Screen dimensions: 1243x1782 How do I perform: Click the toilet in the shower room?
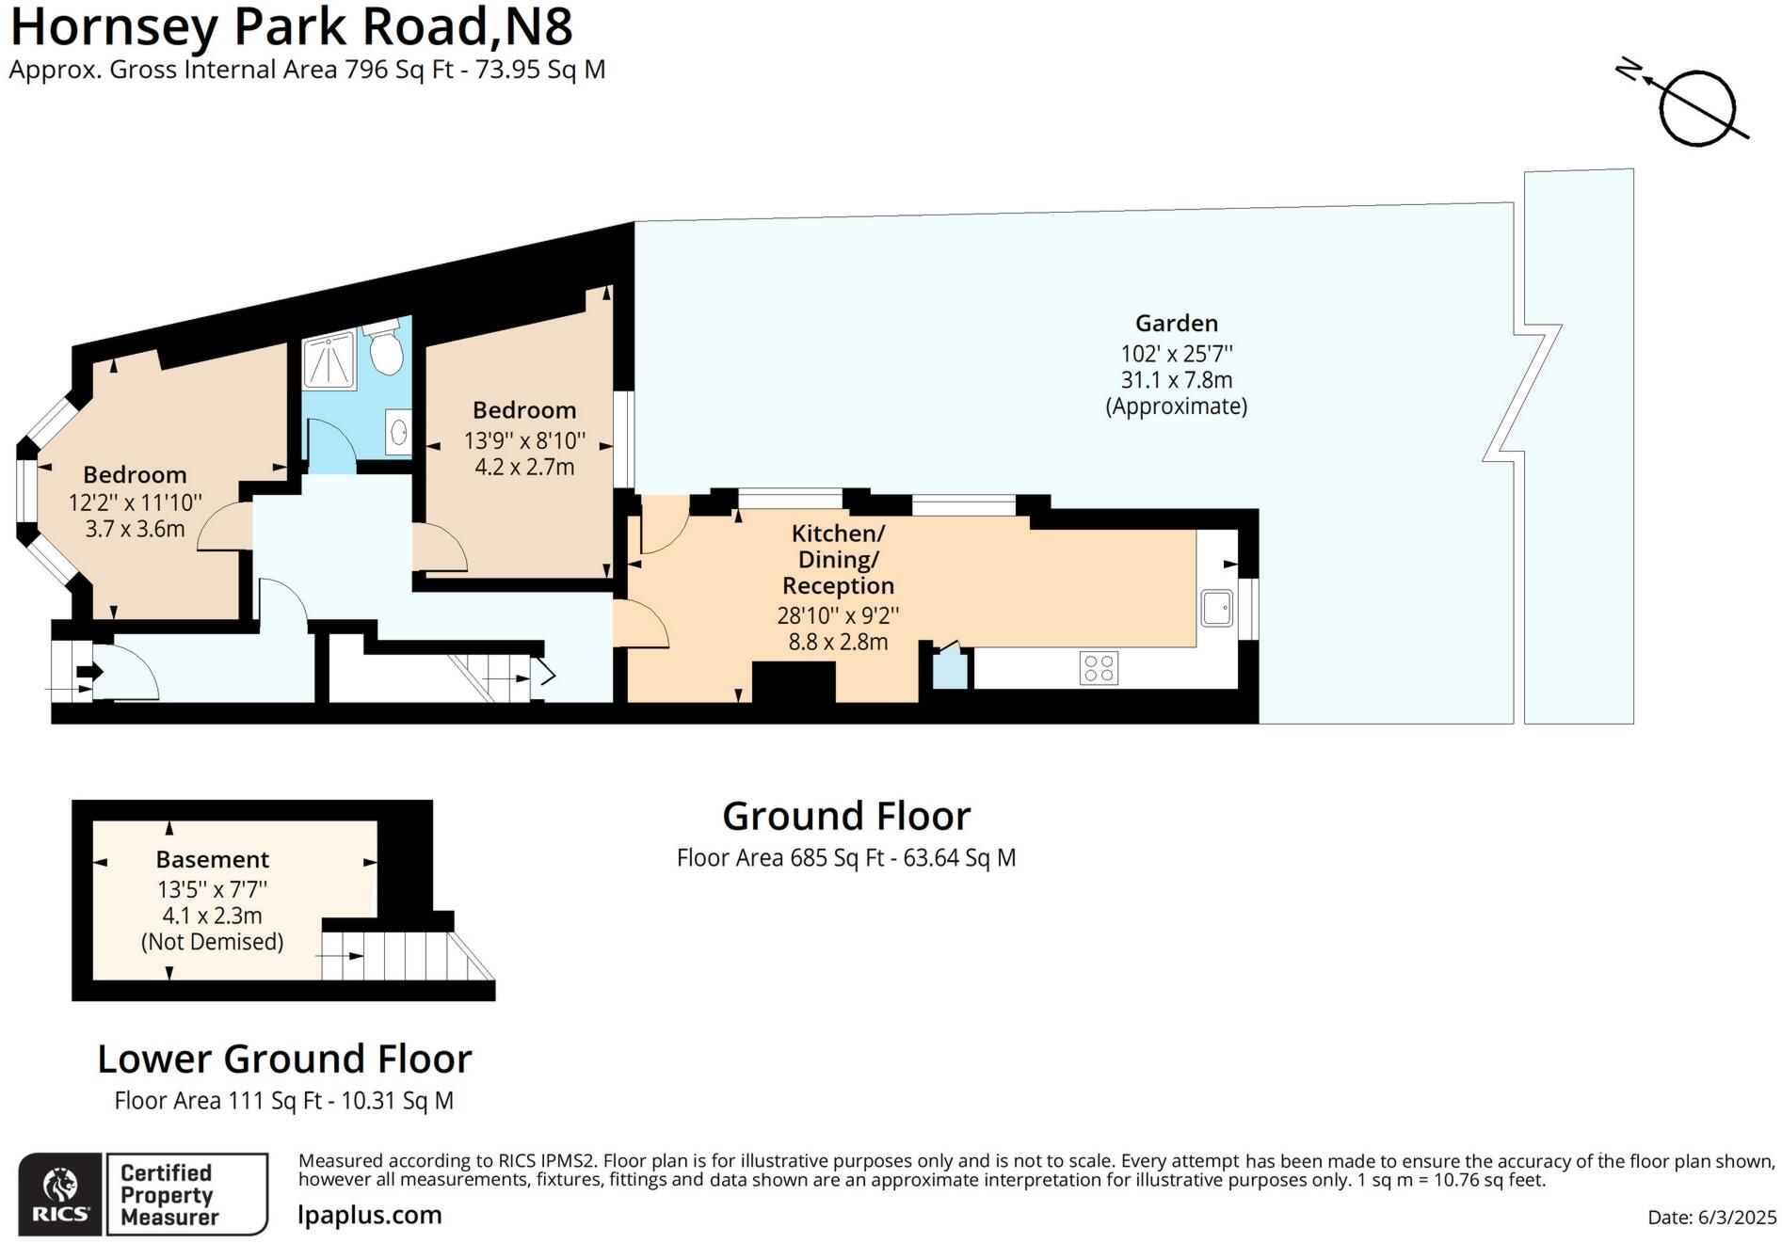point(386,350)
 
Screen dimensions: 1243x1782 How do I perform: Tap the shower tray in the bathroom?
point(329,360)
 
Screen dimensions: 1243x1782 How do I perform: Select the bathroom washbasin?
point(398,432)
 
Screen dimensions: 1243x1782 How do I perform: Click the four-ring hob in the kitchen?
point(1099,668)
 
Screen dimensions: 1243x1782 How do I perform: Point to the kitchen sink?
point(1217,608)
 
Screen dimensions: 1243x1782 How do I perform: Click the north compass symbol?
point(1695,107)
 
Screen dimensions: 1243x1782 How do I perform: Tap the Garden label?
point(1176,323)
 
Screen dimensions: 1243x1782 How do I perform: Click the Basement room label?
point(212,859)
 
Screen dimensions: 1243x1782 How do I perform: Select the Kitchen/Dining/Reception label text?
point(838,560)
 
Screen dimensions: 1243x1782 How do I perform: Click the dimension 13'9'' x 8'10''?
point(524,440)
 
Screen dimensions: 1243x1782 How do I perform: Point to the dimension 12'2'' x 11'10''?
point(135,502)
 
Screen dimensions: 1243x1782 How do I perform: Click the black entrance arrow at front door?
point(89,672)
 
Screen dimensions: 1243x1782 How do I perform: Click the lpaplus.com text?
point(369,1215)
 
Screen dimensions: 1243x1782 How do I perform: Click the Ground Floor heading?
point(845,816)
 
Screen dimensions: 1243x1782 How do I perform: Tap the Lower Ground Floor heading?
point(284,1059)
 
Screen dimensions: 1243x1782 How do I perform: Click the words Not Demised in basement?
point(212,942)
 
